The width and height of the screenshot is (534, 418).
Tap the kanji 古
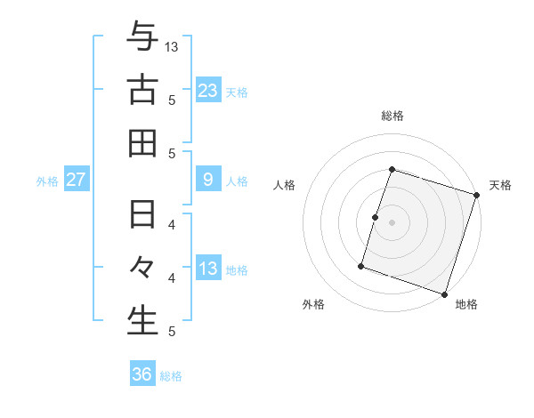[142, 90]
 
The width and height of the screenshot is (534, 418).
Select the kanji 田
[142, 143]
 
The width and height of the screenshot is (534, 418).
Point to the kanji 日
[142, 215]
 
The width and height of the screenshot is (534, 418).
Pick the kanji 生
[142, 321]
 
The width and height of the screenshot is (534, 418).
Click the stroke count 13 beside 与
[172, 45]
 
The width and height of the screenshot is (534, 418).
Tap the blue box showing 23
[208, 90]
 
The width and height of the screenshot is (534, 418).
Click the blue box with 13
[208, 269]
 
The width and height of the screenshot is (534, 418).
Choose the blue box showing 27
[77, 181]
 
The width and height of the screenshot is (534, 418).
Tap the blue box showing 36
[142, 374]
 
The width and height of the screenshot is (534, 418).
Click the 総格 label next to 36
[171, 376]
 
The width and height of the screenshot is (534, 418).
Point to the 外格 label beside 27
[47, 181]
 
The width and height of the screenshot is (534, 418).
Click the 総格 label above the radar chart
[392, 116]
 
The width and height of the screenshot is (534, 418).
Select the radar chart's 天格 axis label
[500, 185]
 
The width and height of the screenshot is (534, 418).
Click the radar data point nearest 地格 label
[444, 293]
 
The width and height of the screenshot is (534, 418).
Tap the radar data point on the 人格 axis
[376, 217]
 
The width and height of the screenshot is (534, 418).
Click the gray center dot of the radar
[392, 222]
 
